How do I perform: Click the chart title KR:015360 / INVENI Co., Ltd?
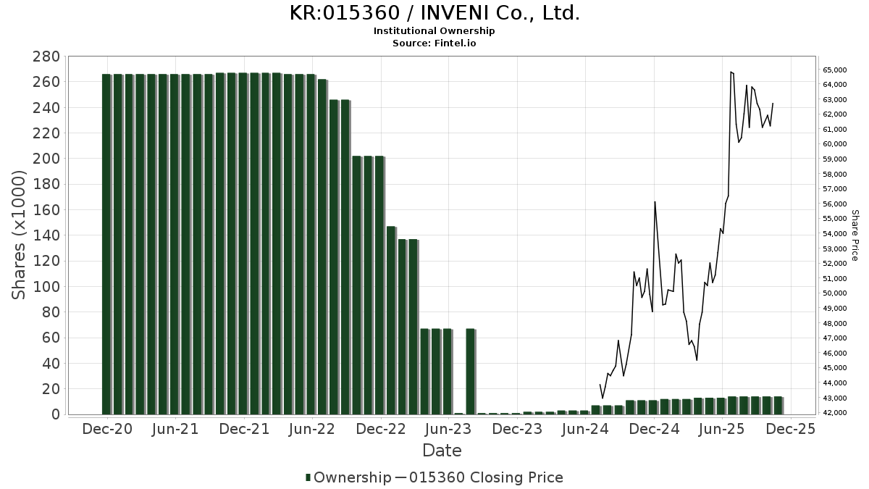coord(434,13)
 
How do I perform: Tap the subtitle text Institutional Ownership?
coord(434,31)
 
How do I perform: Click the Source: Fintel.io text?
coord(434,43)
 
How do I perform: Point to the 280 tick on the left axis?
coord(45,57)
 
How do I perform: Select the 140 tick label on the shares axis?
coord(45,235)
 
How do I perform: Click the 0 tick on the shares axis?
coord(55,414)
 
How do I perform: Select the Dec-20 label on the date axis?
coord(106,429)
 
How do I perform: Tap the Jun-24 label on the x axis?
coord(585,429)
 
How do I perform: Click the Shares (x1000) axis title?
coord(20,235)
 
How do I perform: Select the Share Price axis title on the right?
coord(855,235)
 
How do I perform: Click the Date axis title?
coord(442,451)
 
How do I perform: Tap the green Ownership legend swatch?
coord(308,477)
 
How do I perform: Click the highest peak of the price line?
coord(731,72)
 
